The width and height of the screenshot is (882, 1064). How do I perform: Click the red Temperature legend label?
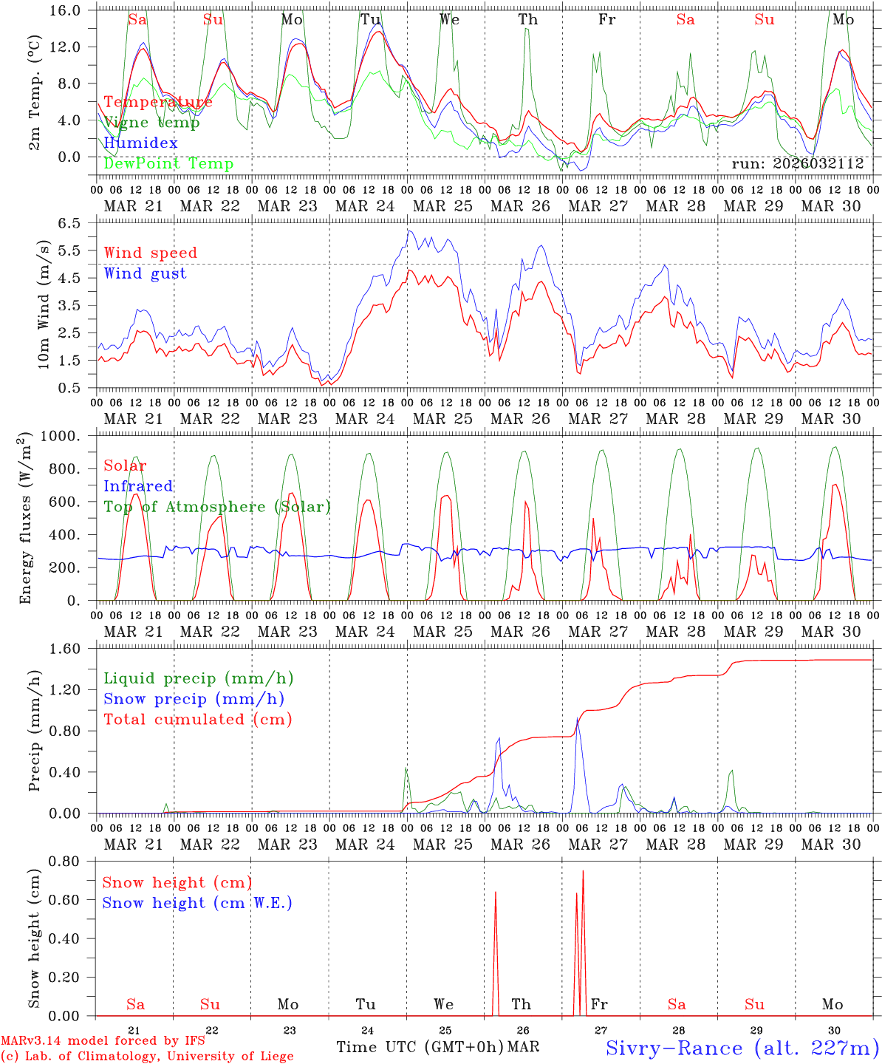click(x=158, y=102)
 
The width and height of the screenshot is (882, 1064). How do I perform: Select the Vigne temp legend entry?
click(x=151, y=123)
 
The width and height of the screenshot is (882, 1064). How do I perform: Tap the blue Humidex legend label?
click(x=140, y=143)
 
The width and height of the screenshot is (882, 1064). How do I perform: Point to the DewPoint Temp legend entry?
click(x=168, y=163)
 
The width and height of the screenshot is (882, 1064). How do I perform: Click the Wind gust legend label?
click(x=145, y=273)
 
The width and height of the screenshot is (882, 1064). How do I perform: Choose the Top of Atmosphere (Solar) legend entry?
click(x=216, y=507)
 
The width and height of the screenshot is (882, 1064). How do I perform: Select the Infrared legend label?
click(x=138, y=486)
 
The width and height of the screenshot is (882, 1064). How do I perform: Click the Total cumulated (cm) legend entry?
click(x=197, y=719)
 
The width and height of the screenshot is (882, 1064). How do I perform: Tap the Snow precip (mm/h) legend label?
click(x=194, y=699)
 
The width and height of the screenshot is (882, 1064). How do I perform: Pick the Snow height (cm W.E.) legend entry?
click(x=196, y=903)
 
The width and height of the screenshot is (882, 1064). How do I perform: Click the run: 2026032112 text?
click(x=798, y=164)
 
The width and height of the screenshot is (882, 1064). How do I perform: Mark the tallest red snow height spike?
click(x=583, y=872)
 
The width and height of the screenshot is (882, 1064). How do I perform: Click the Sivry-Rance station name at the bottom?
click(x=742, y=1048)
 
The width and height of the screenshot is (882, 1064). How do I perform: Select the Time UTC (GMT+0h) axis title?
click(x=420, y=1047)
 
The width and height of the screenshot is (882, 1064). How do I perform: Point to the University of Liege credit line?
click(x=147, y=1057)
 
